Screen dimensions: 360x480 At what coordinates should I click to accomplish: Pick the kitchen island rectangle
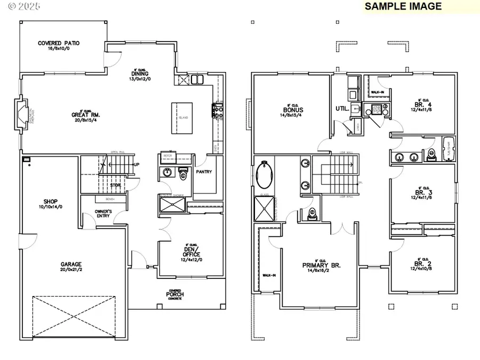(x=180, y=118)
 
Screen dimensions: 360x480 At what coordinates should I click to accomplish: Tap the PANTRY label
(x=204, y=172)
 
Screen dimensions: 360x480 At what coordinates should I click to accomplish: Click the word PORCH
(x=175, y=294)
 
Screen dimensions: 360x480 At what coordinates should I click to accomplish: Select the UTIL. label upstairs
(x=342, y=108)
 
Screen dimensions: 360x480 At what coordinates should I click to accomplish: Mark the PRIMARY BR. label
(x=321, y=265)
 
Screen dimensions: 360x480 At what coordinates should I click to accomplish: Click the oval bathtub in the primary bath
(x=264, y=176)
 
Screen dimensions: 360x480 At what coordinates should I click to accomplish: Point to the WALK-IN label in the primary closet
(x=268, y=276)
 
